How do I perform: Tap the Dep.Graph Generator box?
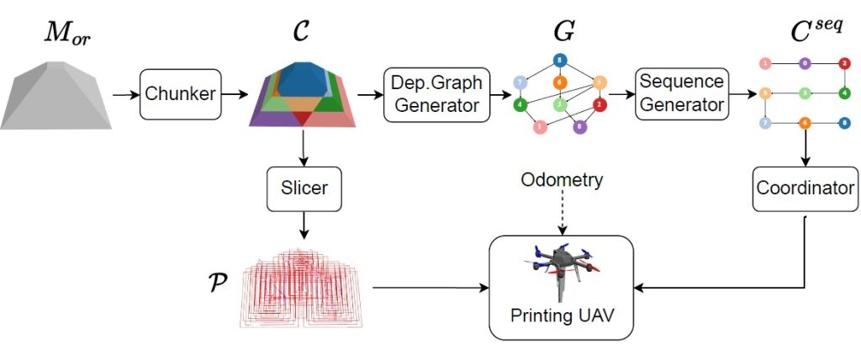coord(436,94)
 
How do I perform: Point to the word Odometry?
coord(561,180)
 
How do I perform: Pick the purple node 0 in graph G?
coord(579,128)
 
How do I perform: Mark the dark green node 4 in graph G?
coord(521,105)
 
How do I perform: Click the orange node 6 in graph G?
coord(558,82)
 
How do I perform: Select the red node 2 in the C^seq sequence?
coord(844,64)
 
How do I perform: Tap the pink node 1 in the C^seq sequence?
coord(765,64)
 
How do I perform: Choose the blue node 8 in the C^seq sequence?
coord(844,123)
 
